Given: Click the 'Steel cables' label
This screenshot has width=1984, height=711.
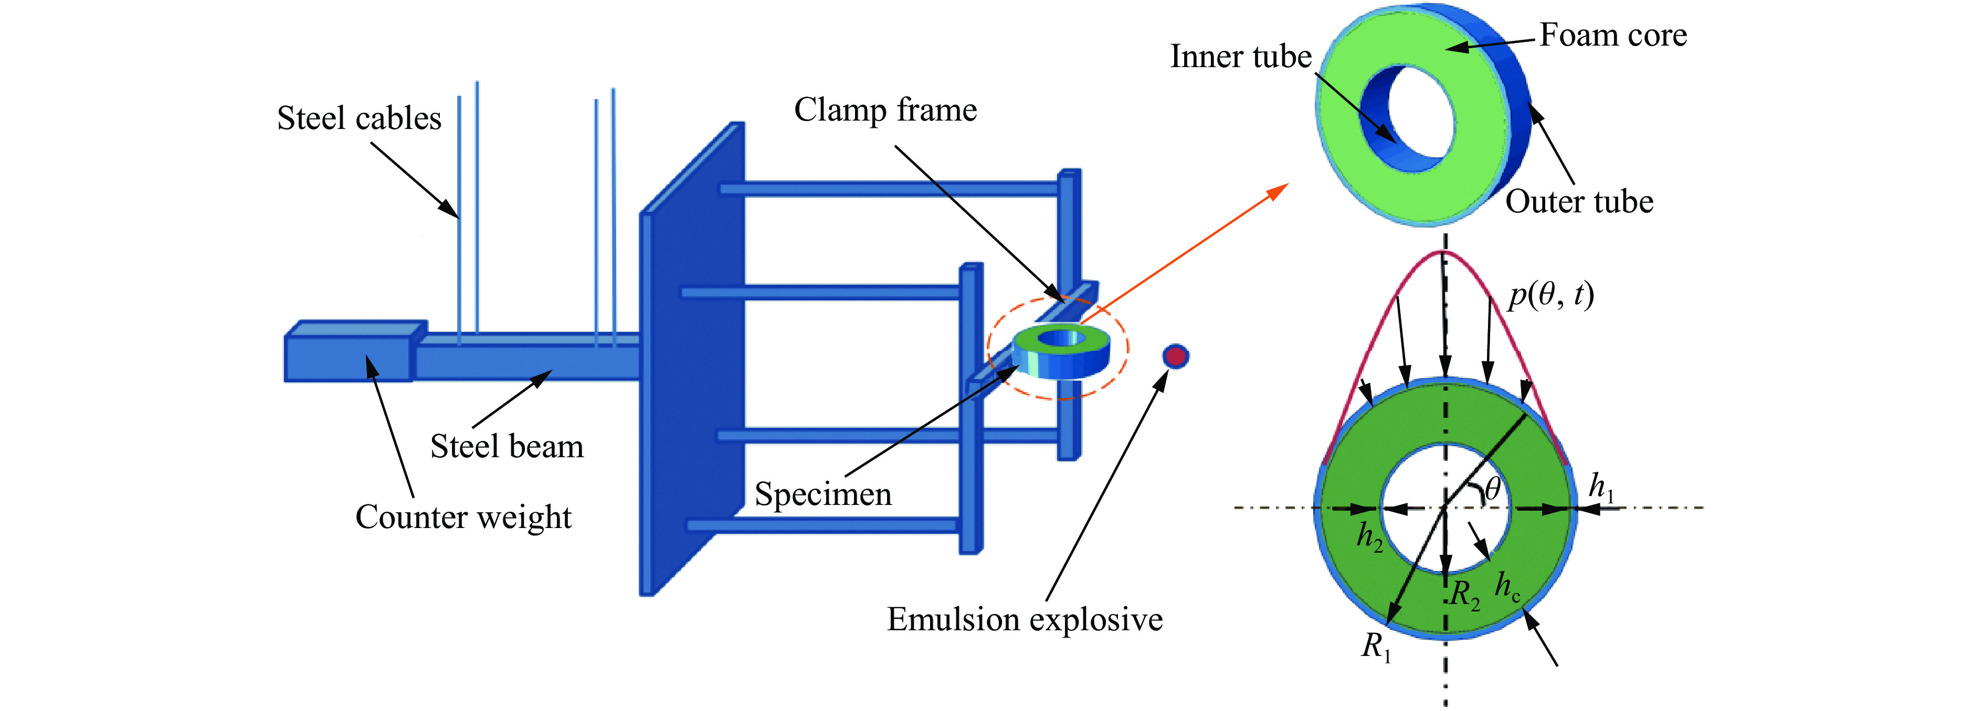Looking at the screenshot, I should tap(359, 118).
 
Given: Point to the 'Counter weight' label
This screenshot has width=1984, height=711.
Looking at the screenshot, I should tap(463, 517).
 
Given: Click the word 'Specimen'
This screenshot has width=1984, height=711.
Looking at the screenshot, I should tap(822, 494).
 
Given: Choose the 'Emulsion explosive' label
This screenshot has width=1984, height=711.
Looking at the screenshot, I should tap(1025, 619).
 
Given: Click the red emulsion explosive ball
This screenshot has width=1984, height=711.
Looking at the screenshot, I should tap(1175, 355).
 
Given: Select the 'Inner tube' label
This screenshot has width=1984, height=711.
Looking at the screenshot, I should tap(1240, 57).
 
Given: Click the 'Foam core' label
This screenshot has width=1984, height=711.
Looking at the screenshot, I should tap(1613, 36).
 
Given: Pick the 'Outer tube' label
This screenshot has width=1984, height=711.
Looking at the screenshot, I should tap(1579, 201).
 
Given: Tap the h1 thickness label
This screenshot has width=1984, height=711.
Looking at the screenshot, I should tap(1601, 487).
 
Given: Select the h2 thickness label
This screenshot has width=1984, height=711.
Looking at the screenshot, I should tap(1369, 536).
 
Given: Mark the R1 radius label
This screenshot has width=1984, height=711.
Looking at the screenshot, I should tap(1376, 647).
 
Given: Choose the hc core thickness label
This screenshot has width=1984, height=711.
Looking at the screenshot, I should tap(1507, 587).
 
